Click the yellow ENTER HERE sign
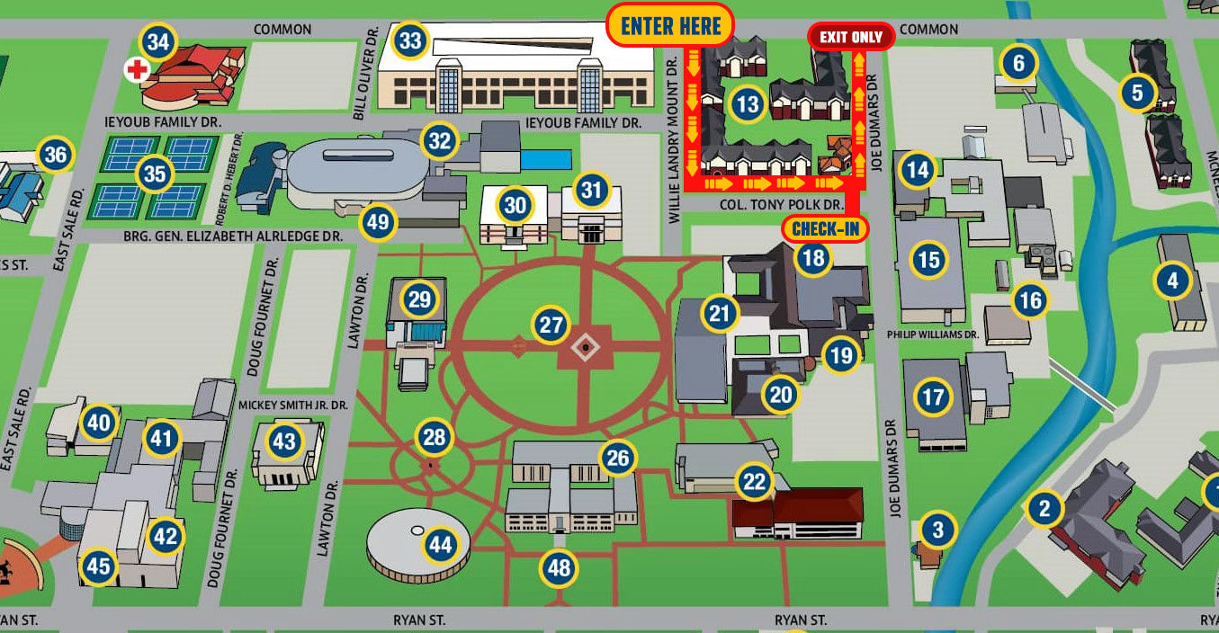671,25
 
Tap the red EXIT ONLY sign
850,37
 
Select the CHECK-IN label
826,229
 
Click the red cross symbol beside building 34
137,69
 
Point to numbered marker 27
551,325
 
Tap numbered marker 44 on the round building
440,544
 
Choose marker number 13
747,105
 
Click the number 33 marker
410,40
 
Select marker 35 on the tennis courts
155,174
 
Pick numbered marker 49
378,222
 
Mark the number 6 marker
1018,63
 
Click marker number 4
1171,281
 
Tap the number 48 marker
559,568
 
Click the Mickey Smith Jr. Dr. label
292,406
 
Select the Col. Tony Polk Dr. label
782,206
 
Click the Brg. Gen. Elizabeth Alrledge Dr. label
233,236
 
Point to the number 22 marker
754,483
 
